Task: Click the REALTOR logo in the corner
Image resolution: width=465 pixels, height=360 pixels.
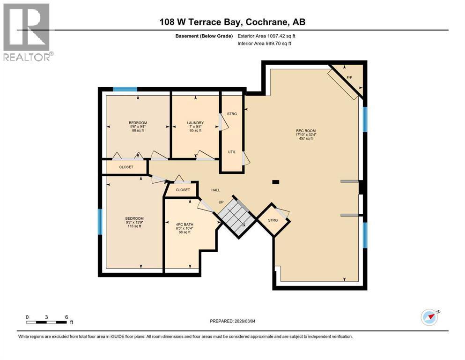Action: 27,31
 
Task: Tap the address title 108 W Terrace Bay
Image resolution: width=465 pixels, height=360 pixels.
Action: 232,22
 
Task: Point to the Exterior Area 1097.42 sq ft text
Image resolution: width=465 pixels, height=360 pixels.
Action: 266,36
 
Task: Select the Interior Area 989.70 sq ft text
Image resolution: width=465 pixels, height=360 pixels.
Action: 265,44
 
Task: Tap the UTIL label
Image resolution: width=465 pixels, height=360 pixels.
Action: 232,152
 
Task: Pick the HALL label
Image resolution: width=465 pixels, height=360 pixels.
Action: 215,190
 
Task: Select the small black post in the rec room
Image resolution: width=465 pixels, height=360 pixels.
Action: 275,182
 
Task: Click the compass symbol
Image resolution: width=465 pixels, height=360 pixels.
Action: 429,317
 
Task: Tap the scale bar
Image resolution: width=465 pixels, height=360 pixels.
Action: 47,322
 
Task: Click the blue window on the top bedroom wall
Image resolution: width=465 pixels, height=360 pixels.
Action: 125,89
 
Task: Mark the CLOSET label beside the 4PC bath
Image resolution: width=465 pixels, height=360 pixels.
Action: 183,190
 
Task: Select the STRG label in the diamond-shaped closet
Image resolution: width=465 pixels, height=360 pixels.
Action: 273,220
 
